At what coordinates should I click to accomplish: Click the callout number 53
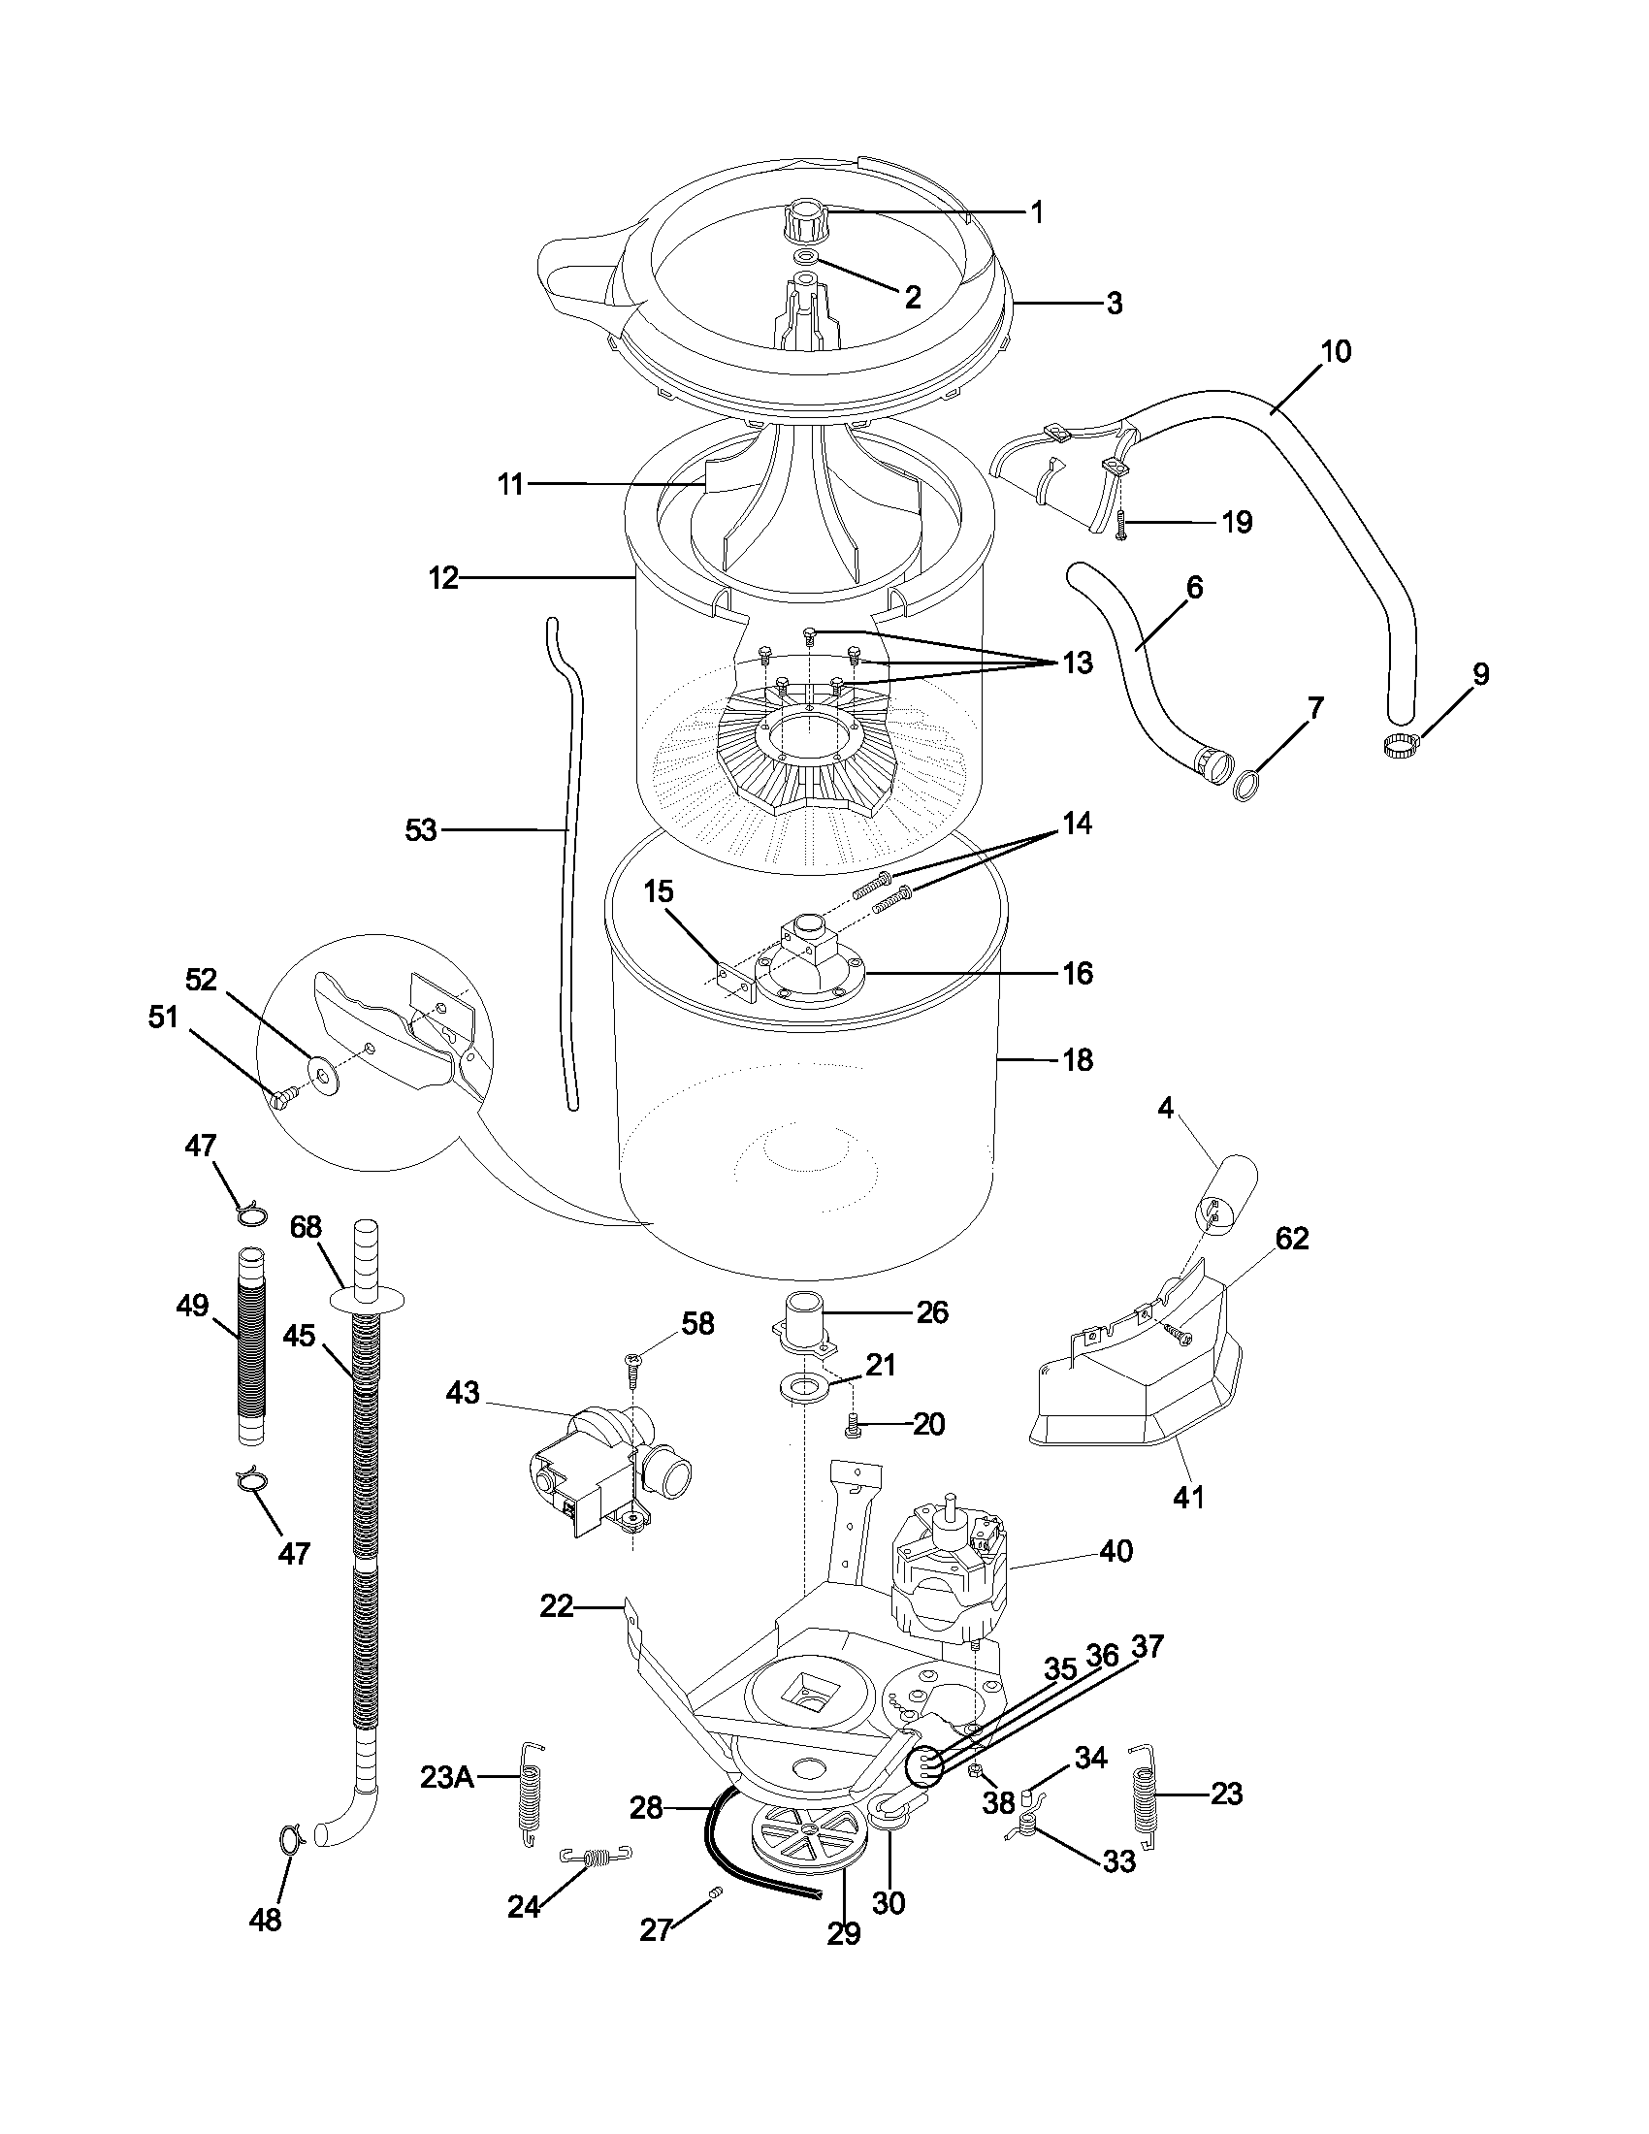click(x=421, y=831)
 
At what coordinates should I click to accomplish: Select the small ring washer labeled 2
click(x=806, y=256)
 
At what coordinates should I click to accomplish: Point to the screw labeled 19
click(x=1121, y=527)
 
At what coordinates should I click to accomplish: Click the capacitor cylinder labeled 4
click(x=1226, y=1194)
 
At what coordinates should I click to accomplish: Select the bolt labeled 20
click(x=852, y=1429)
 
